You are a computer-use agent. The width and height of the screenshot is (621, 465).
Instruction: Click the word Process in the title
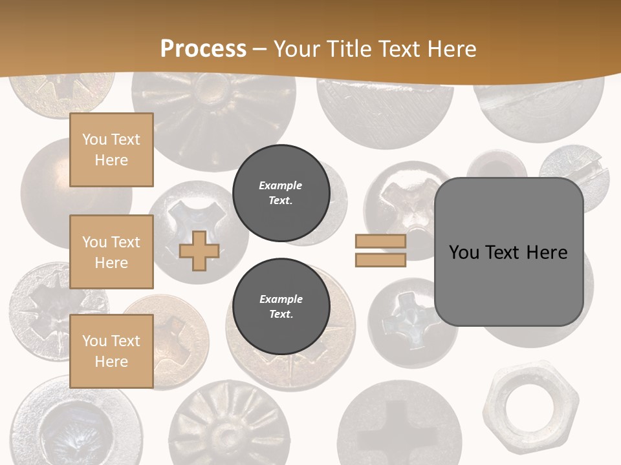click(203, 48)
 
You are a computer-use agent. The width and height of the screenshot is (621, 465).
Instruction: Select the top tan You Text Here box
click(111, 150)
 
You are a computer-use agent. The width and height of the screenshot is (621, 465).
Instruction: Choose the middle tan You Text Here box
click(111, 252)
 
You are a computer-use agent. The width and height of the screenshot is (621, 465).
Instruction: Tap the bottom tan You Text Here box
click(111, 351)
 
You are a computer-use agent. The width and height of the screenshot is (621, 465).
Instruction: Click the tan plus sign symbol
click(199, 251)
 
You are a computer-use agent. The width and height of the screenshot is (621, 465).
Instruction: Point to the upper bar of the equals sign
click(380, 241)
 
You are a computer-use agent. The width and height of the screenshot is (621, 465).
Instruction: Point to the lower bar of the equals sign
click(380, 260)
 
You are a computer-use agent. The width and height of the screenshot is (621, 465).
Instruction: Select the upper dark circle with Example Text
click(281, 193)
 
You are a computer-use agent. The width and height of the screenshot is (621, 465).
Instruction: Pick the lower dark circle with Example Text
click(281, 307)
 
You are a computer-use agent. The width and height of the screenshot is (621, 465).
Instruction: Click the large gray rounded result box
click(508, 252)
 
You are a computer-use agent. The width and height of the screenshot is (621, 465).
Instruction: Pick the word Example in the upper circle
click(281, 185)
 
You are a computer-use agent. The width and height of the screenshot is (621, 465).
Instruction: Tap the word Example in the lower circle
click(281, 299)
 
